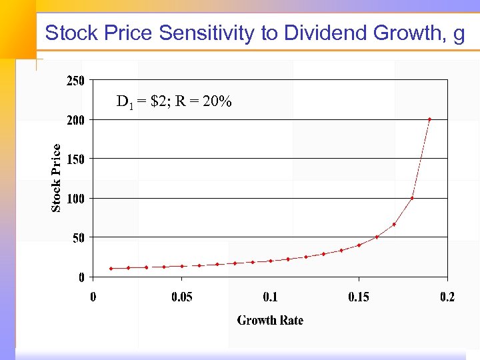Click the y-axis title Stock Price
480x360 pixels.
(57, 178)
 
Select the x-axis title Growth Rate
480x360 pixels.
(270, 321)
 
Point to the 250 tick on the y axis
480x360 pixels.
(75, 81)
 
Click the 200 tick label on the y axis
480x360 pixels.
(75, 120)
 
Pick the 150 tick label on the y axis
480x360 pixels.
(75, 159)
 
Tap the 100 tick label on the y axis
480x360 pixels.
(75, 199)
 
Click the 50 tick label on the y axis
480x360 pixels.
(78, 237)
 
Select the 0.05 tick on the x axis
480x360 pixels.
(181, 297)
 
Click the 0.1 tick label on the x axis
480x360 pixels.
(270, 297)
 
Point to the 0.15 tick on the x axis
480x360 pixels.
(359, 297)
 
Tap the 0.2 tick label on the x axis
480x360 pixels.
(447, 297)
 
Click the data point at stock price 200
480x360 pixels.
(429, 120)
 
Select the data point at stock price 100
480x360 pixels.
(412, 198)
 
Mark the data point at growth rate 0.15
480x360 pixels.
(359, 245)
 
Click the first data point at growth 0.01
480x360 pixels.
(111, 269)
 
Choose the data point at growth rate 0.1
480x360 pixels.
(270, 261)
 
